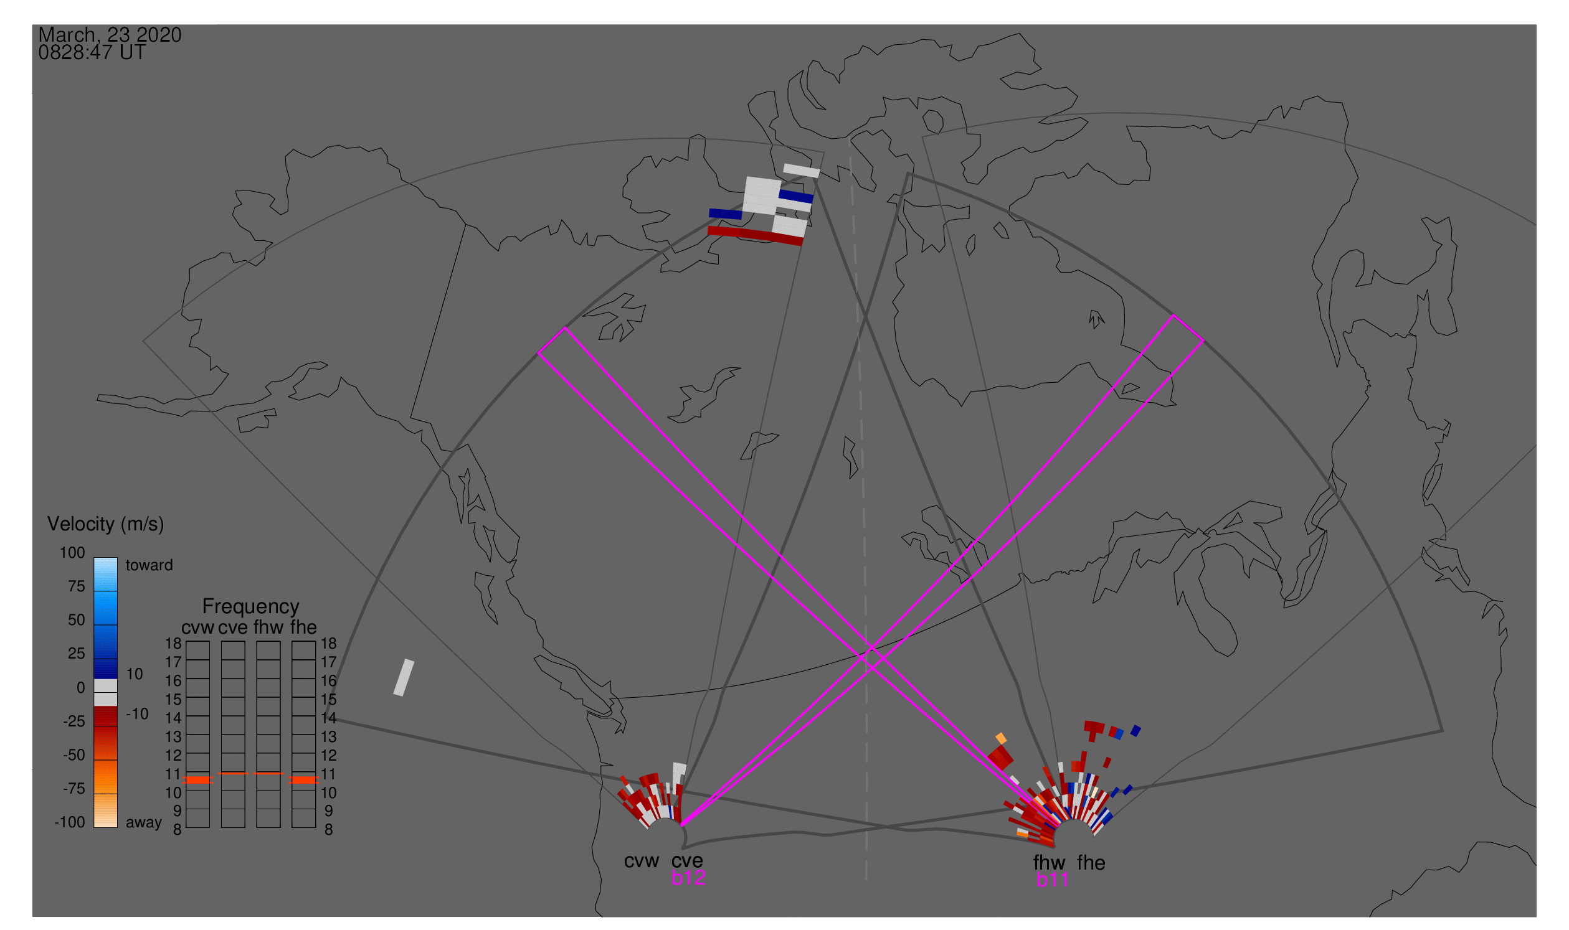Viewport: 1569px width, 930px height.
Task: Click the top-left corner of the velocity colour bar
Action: tap(94, 558)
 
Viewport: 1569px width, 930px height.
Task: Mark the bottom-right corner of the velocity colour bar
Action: tap(118, 828)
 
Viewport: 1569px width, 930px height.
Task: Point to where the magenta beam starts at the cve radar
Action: tap(681, 825)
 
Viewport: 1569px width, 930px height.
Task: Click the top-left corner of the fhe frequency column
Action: tap(292, 641)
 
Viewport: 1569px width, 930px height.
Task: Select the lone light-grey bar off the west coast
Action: tap(404, 677)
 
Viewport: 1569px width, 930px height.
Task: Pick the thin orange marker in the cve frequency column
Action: tap(234, 773)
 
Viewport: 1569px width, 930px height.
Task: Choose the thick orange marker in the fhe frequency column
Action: tap(304, 780)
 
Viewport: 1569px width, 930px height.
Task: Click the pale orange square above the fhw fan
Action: tap(1001, 738)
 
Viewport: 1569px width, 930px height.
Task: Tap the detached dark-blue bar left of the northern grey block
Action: tap(726, 214)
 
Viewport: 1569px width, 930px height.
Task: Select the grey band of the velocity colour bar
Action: tap(105, 693)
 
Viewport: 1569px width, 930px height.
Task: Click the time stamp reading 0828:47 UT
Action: tap(92, 53)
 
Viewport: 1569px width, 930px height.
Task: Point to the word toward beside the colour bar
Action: tap(149, 565)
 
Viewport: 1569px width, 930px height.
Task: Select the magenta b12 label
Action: tap(688, 878)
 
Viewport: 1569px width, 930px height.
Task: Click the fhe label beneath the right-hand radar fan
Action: tap(1091, 863)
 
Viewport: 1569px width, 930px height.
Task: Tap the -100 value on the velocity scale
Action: tap(70, 822)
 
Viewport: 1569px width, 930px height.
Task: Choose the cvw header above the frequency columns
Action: tap(197, 627)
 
